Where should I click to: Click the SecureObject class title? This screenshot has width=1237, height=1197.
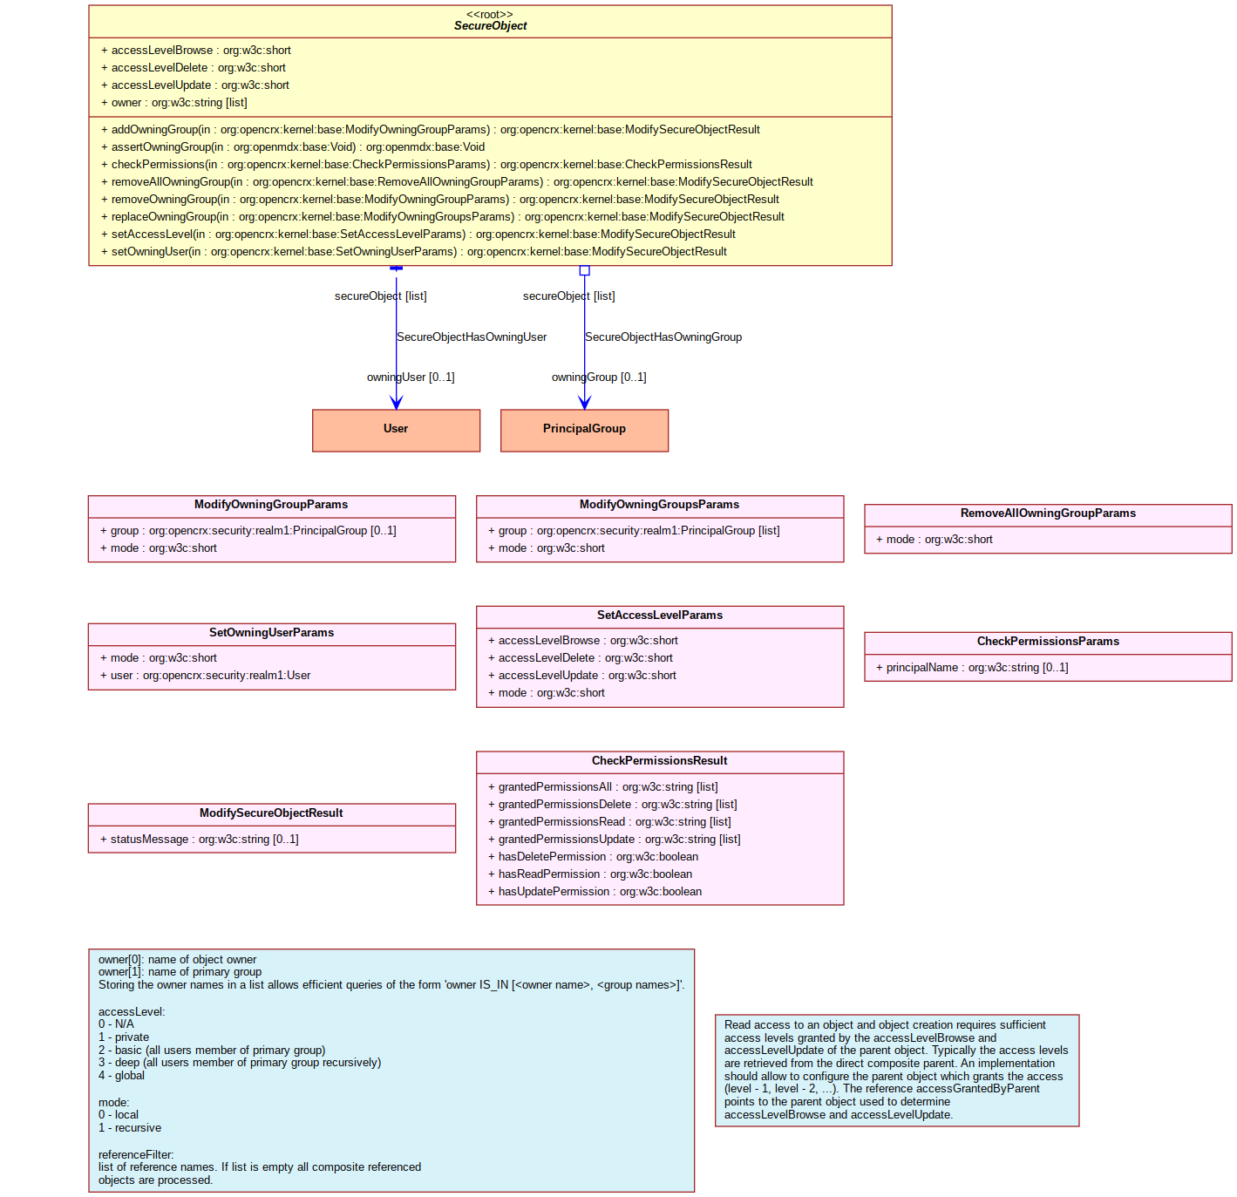click(x=490, y=26)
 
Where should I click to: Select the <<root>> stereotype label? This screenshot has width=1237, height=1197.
click(x=489, y=15)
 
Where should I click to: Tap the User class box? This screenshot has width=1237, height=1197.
click(x=396, y=431)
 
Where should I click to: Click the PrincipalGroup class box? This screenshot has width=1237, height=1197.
click(x=584, y=431)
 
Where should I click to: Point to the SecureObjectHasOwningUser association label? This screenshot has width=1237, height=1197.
click(x=472, y=337)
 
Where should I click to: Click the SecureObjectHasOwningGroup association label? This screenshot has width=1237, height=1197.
click(x=663, y=337)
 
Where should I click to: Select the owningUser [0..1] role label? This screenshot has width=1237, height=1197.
click(x=411, y=377)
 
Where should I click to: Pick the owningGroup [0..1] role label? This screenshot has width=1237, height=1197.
click(x=599, y=377)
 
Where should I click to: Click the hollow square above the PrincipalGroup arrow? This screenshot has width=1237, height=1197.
click(x=584, y=271)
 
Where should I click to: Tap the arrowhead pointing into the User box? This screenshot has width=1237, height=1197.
click(x=396, y=403)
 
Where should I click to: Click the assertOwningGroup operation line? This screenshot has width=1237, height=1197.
click(x=293, y=146)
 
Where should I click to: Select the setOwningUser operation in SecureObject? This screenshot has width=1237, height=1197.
click(x=414, y=252)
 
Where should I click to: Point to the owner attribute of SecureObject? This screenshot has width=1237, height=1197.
click(x=174, y=102)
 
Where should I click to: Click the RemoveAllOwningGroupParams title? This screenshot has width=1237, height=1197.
click(x=1048, y=513)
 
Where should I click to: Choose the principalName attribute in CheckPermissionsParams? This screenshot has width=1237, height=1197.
click(x=972, y=668)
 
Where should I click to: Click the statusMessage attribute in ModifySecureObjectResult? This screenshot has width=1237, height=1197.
click(x=199, y=839)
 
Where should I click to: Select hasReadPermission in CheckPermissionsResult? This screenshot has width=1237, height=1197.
click(x=590, y=874)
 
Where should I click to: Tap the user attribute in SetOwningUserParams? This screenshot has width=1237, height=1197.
click(x=206, y=675)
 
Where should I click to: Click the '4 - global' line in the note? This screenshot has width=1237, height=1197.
click(x=121, y=1076)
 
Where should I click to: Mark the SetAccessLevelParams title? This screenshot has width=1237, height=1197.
click(x=660, y=616)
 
